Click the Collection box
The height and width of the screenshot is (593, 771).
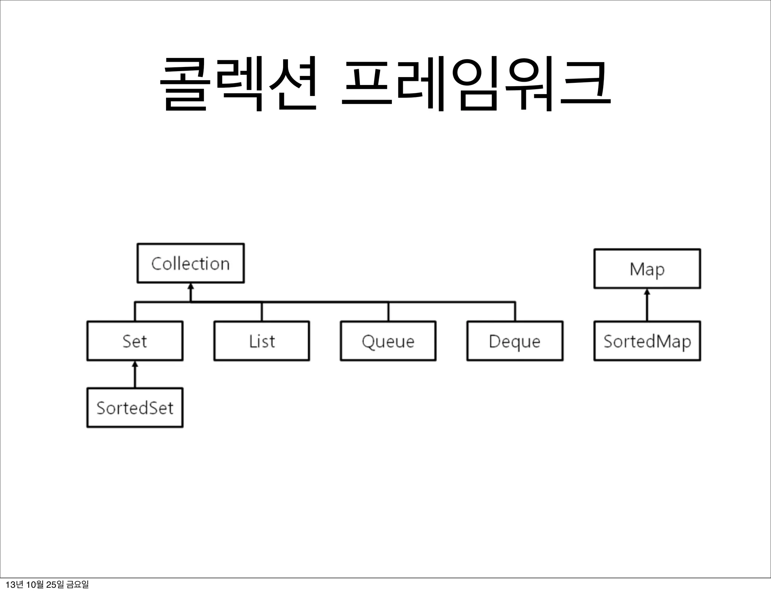click(190, 263)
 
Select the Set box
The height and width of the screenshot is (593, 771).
click(135, 341)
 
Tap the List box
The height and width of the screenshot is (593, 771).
click(262, 341)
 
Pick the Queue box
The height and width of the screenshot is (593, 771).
click(388, 341)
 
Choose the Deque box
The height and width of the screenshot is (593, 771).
click(515, 341)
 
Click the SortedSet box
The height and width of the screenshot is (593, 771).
click(135, 407)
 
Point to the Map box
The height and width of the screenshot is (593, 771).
click(647, 269)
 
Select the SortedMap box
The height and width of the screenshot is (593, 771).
click(647, 341)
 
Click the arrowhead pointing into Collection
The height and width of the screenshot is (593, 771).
click(190, 286)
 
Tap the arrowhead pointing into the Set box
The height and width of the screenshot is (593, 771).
click(135, 364)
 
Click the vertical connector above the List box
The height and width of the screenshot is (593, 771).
click(262, 312)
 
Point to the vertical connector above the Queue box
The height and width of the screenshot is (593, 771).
click(388, 312)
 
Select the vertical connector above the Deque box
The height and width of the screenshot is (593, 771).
click(515, 312)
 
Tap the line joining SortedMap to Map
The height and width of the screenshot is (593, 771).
click(647, 307)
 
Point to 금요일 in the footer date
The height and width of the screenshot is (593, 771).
click(77, 585)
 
